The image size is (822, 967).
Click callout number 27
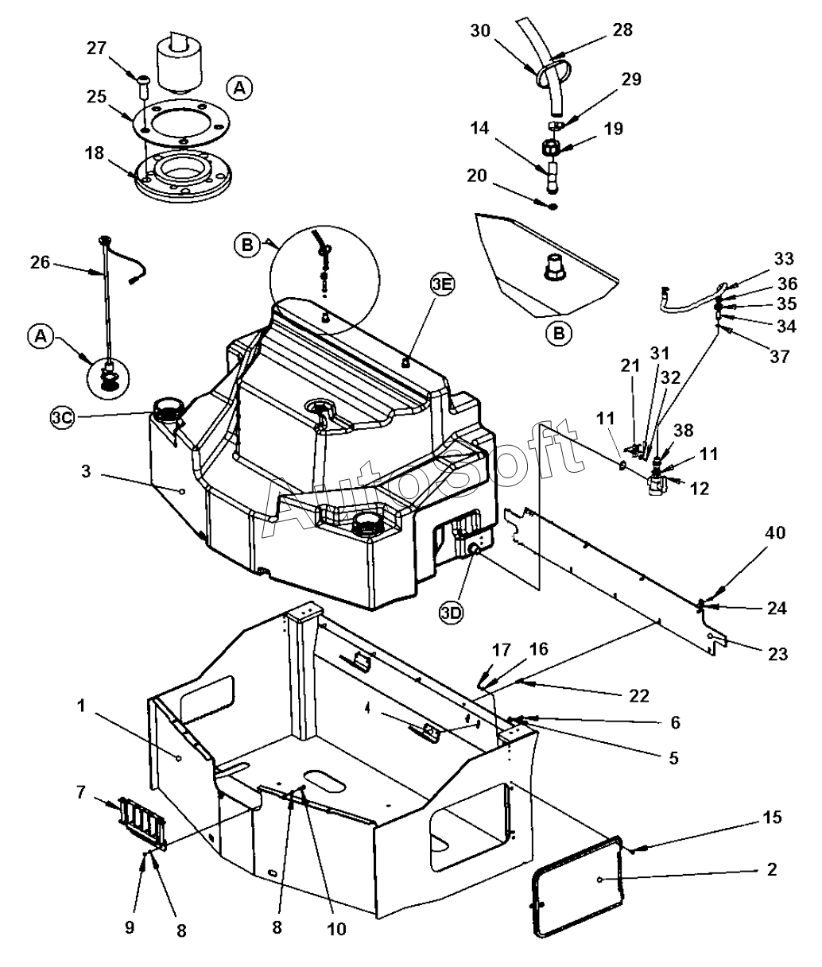pos(97,48)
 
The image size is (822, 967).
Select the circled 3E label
pos(443,284)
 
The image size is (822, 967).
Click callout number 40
pos(775,534)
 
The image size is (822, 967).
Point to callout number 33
pos(784,260)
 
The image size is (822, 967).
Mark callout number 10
pos(336,928)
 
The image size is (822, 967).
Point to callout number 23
pos(777,654)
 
